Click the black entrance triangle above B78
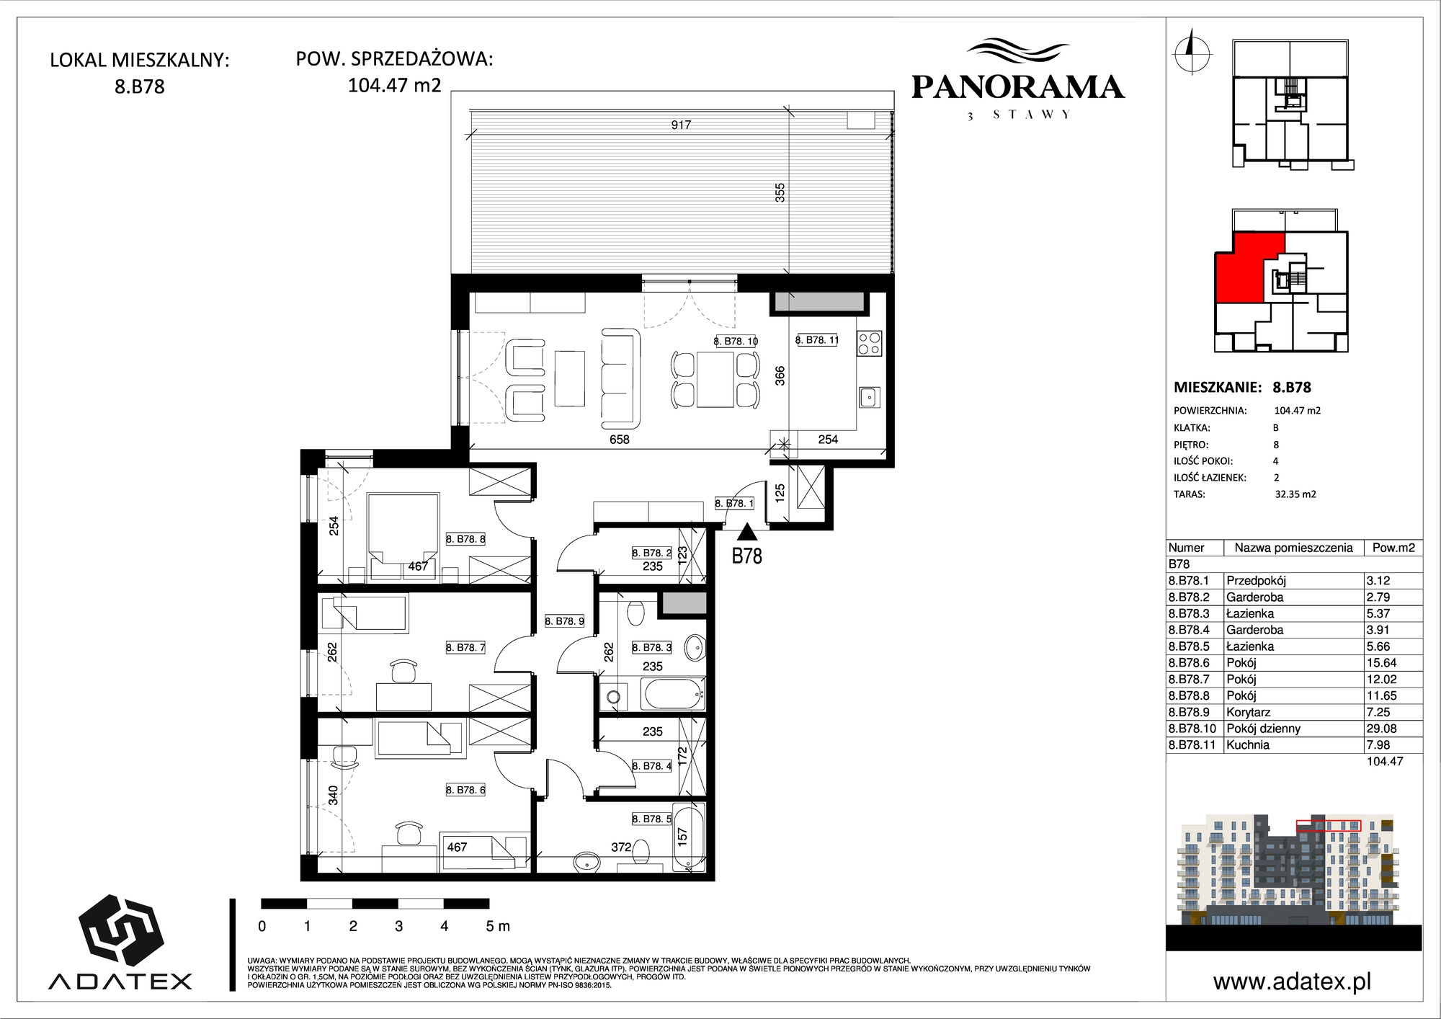coord(747,533)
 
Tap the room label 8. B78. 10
coord(736,342)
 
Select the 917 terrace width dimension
coord(681,125)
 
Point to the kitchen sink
coord(869,397)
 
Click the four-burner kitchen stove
coord(869,343)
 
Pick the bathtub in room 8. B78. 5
coord(688,837)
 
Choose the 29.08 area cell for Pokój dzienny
coord(1382,729)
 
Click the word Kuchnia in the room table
coord(1248,745)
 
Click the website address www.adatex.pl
coord(1293,982)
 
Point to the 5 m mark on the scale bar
coord(496,926)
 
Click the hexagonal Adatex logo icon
coord(120,930)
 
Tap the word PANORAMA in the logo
coord(1017,87)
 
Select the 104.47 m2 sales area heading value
coord(394,85)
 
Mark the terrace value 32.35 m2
coord(1295,494)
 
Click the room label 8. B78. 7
coord(465,648)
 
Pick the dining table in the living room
coord(715,379)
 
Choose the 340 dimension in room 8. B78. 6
coord(333,795)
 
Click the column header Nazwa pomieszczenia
coord(1294,548)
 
